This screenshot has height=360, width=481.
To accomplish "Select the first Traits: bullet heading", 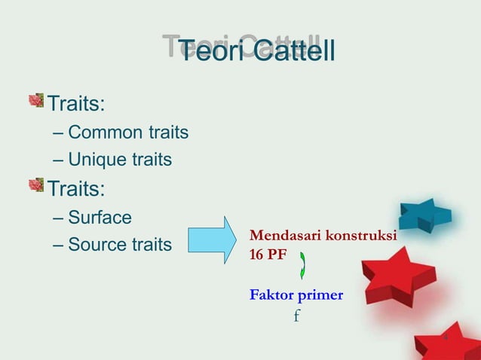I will point(77,102).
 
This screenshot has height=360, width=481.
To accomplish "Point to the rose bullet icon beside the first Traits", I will point(36,100).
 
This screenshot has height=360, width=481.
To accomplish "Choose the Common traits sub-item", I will point(127,133).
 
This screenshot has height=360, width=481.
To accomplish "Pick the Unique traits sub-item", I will point(119,160).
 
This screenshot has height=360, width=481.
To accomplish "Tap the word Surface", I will point(100,218).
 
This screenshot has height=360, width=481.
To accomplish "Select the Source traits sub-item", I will point(119,245).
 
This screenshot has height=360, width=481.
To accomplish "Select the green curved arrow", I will point(303,265).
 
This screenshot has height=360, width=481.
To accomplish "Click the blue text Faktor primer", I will point(296,294).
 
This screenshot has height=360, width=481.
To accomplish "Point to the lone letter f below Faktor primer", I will point(296,315).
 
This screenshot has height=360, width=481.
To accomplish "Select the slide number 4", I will point(445,336).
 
